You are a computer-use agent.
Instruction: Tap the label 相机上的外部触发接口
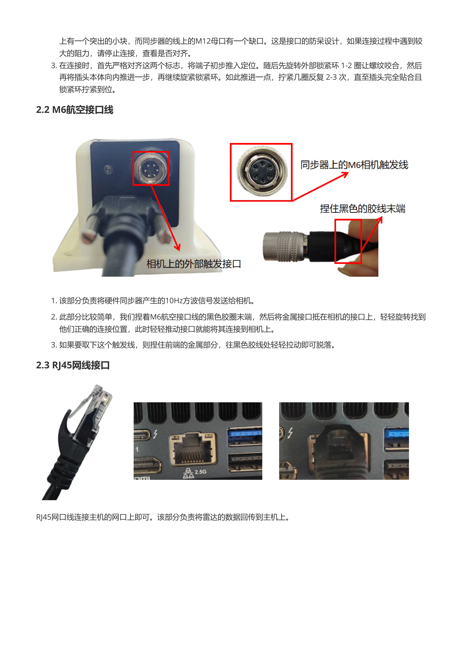pos(194,264)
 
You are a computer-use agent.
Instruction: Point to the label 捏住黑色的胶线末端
pos(362,209)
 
